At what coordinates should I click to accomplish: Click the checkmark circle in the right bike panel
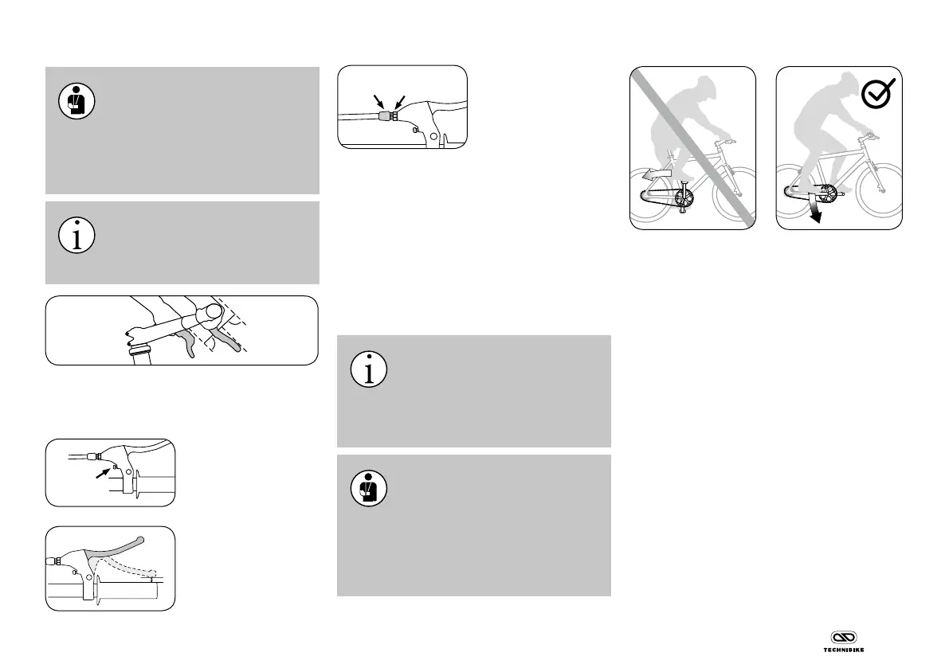[x=881, y=96]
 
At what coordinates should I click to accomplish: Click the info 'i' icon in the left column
[x=77, y=235]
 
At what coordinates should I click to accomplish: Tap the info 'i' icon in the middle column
[x=369, y=369]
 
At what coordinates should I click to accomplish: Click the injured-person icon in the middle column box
[x=369, y=487]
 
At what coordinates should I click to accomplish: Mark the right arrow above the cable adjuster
[x=401, y=100]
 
